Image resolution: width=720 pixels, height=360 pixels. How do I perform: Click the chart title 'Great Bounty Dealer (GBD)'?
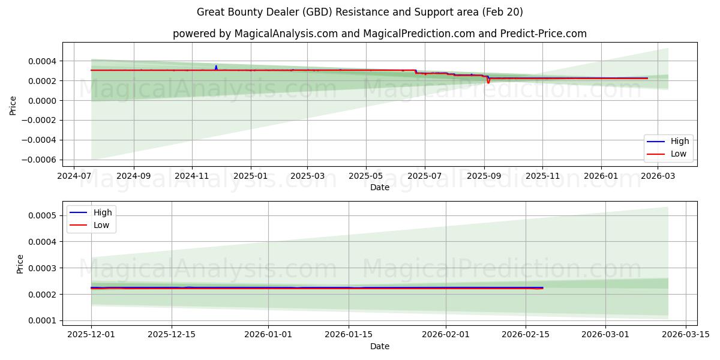click(x=359, y=12)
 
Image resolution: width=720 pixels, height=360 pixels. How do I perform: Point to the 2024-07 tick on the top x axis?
click(x=74, y=176)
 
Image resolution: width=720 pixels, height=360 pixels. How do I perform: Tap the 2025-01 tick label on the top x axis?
click(x=250, y=176)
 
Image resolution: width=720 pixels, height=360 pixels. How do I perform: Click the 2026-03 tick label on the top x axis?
click(x=659, y=176)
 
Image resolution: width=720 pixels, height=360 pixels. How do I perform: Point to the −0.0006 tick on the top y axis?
click(x=39, y=160)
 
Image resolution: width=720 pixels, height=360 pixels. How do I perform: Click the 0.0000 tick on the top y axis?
click(x=42, y=101)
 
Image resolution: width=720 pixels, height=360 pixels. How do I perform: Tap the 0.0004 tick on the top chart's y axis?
click(x=42, y=61)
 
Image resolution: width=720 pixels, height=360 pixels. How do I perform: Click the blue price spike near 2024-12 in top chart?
click(x=216, y=66)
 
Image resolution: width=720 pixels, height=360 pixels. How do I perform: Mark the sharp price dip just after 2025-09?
click(x=488, y=82)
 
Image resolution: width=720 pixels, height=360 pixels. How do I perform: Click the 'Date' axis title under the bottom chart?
click(x=379, y=346)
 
